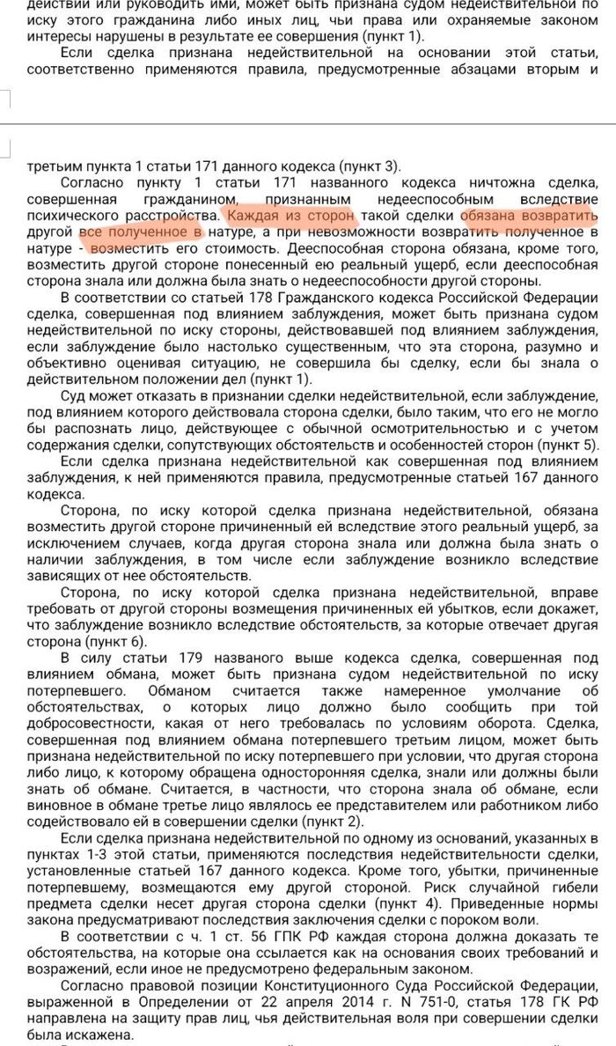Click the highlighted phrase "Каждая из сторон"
click(x=291, y=215)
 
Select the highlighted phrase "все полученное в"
click(x=141, y=232)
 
